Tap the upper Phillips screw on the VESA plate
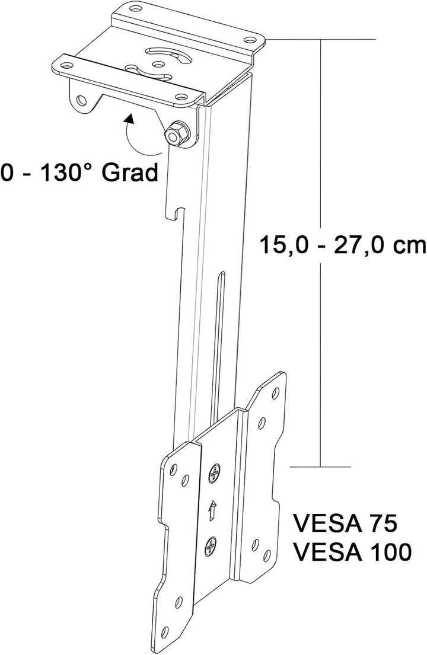pos(215,474)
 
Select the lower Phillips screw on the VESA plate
pos(212,545)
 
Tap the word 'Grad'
pos(130,172)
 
